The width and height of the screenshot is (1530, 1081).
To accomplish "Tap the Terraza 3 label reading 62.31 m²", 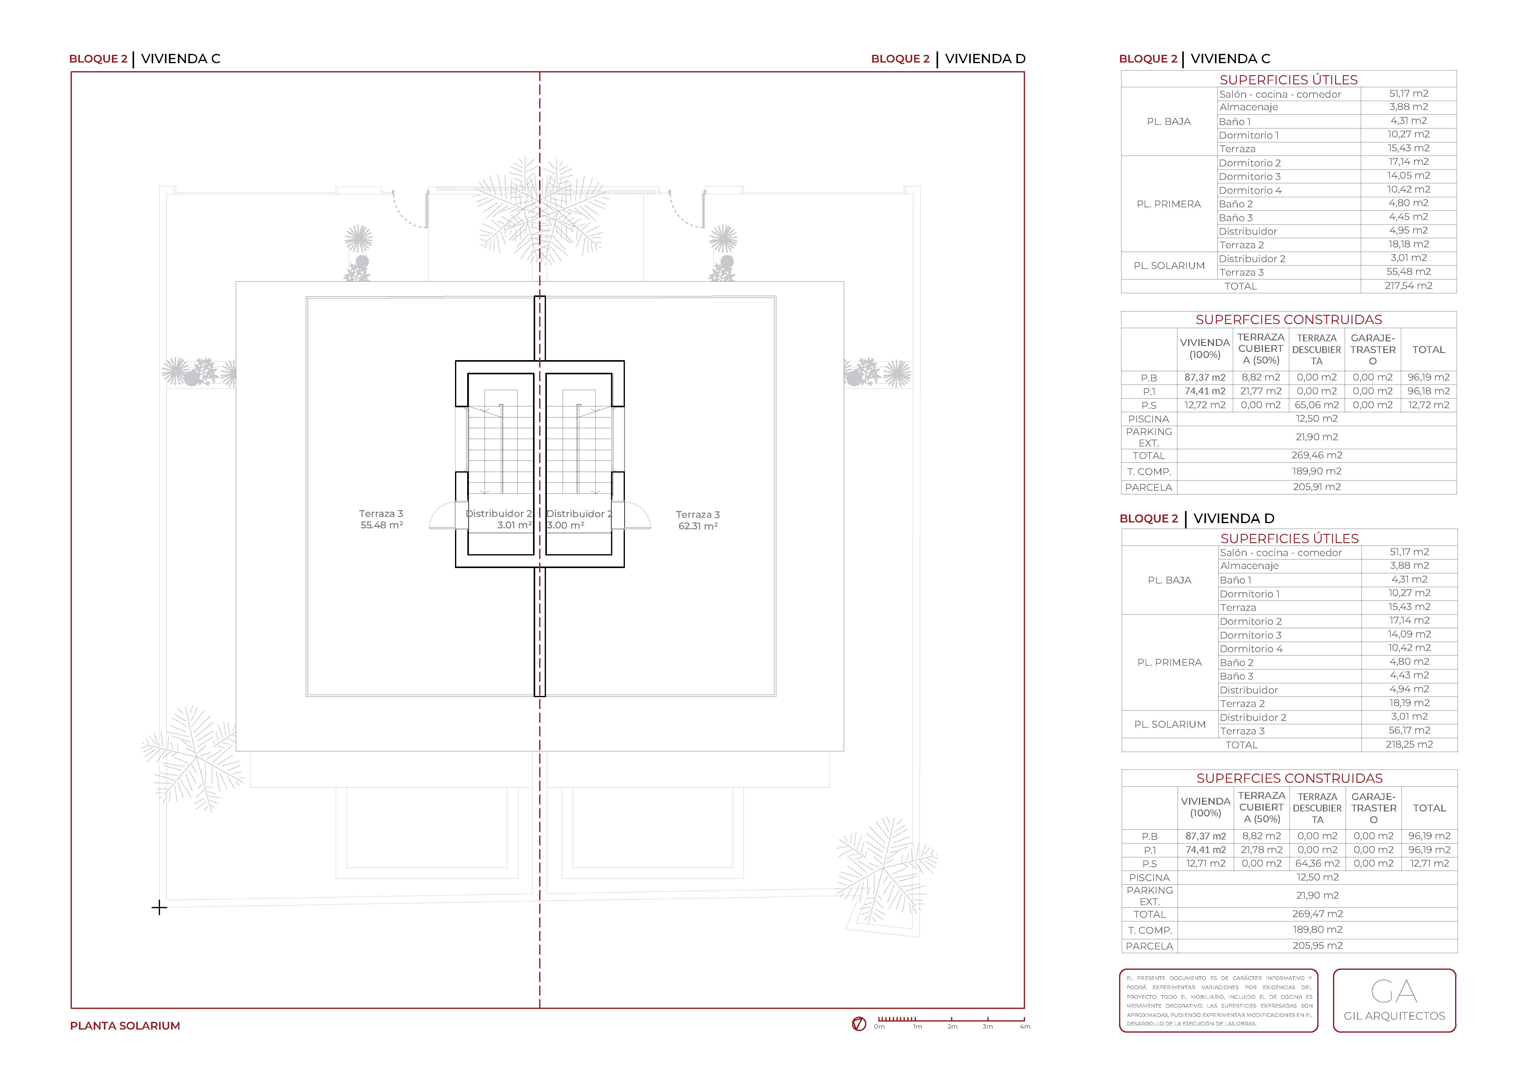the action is pos(698,519).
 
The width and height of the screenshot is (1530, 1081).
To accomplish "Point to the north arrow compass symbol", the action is pos(859,1024).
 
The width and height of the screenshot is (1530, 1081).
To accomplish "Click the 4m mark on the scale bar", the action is pos(1024,1026).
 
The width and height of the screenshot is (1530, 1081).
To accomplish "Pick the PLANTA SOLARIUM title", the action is pos(125,1026).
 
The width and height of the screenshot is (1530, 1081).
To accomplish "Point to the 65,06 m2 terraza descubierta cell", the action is pos(1317,405).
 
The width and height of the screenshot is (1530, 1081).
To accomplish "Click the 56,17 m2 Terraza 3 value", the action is pos(1409,731).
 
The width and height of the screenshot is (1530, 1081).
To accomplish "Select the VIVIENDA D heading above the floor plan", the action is pos(985,59).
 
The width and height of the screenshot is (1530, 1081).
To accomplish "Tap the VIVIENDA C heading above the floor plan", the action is pos(181,59).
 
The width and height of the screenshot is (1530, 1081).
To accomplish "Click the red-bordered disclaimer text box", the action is pos(1219,1000).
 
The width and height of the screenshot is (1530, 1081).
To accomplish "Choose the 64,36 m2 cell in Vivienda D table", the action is pos(1317,863).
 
